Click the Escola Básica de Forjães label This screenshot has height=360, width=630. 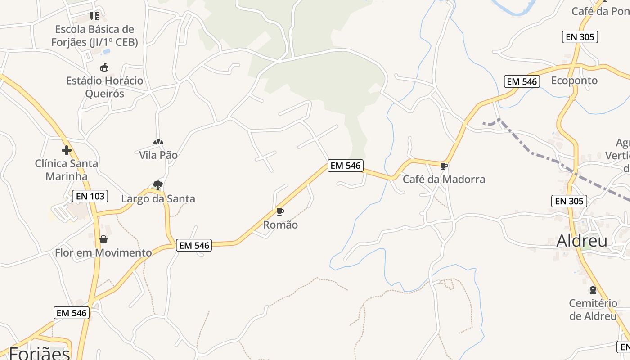(94, 36)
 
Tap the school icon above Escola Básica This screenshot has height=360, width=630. (94, 16)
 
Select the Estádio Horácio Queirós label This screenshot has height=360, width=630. (104, 87)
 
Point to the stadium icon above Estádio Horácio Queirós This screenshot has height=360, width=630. (104, 67)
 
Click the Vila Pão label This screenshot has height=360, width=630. (158, 155)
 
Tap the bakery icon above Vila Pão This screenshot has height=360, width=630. (158, 142)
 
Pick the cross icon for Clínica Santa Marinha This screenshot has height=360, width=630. (67, 150)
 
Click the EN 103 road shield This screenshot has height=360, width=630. (90, 196)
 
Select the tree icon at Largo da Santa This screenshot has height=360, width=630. (157, 185)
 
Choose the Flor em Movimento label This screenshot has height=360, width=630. (103, 253)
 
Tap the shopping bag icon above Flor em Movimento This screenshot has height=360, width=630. (103, 239)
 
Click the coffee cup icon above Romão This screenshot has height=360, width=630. (280, 211)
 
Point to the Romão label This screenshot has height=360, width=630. (280, 225)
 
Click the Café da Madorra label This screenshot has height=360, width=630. (444, 180)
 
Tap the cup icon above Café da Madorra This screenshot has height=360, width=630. (444, 166)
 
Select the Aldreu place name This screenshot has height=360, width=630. (582, 241)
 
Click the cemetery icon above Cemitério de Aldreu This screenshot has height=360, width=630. (593, 290)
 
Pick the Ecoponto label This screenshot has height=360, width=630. (574, 81)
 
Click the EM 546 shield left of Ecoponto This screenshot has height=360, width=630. (522, 81)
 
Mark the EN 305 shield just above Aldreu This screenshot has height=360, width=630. (569, 201)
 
